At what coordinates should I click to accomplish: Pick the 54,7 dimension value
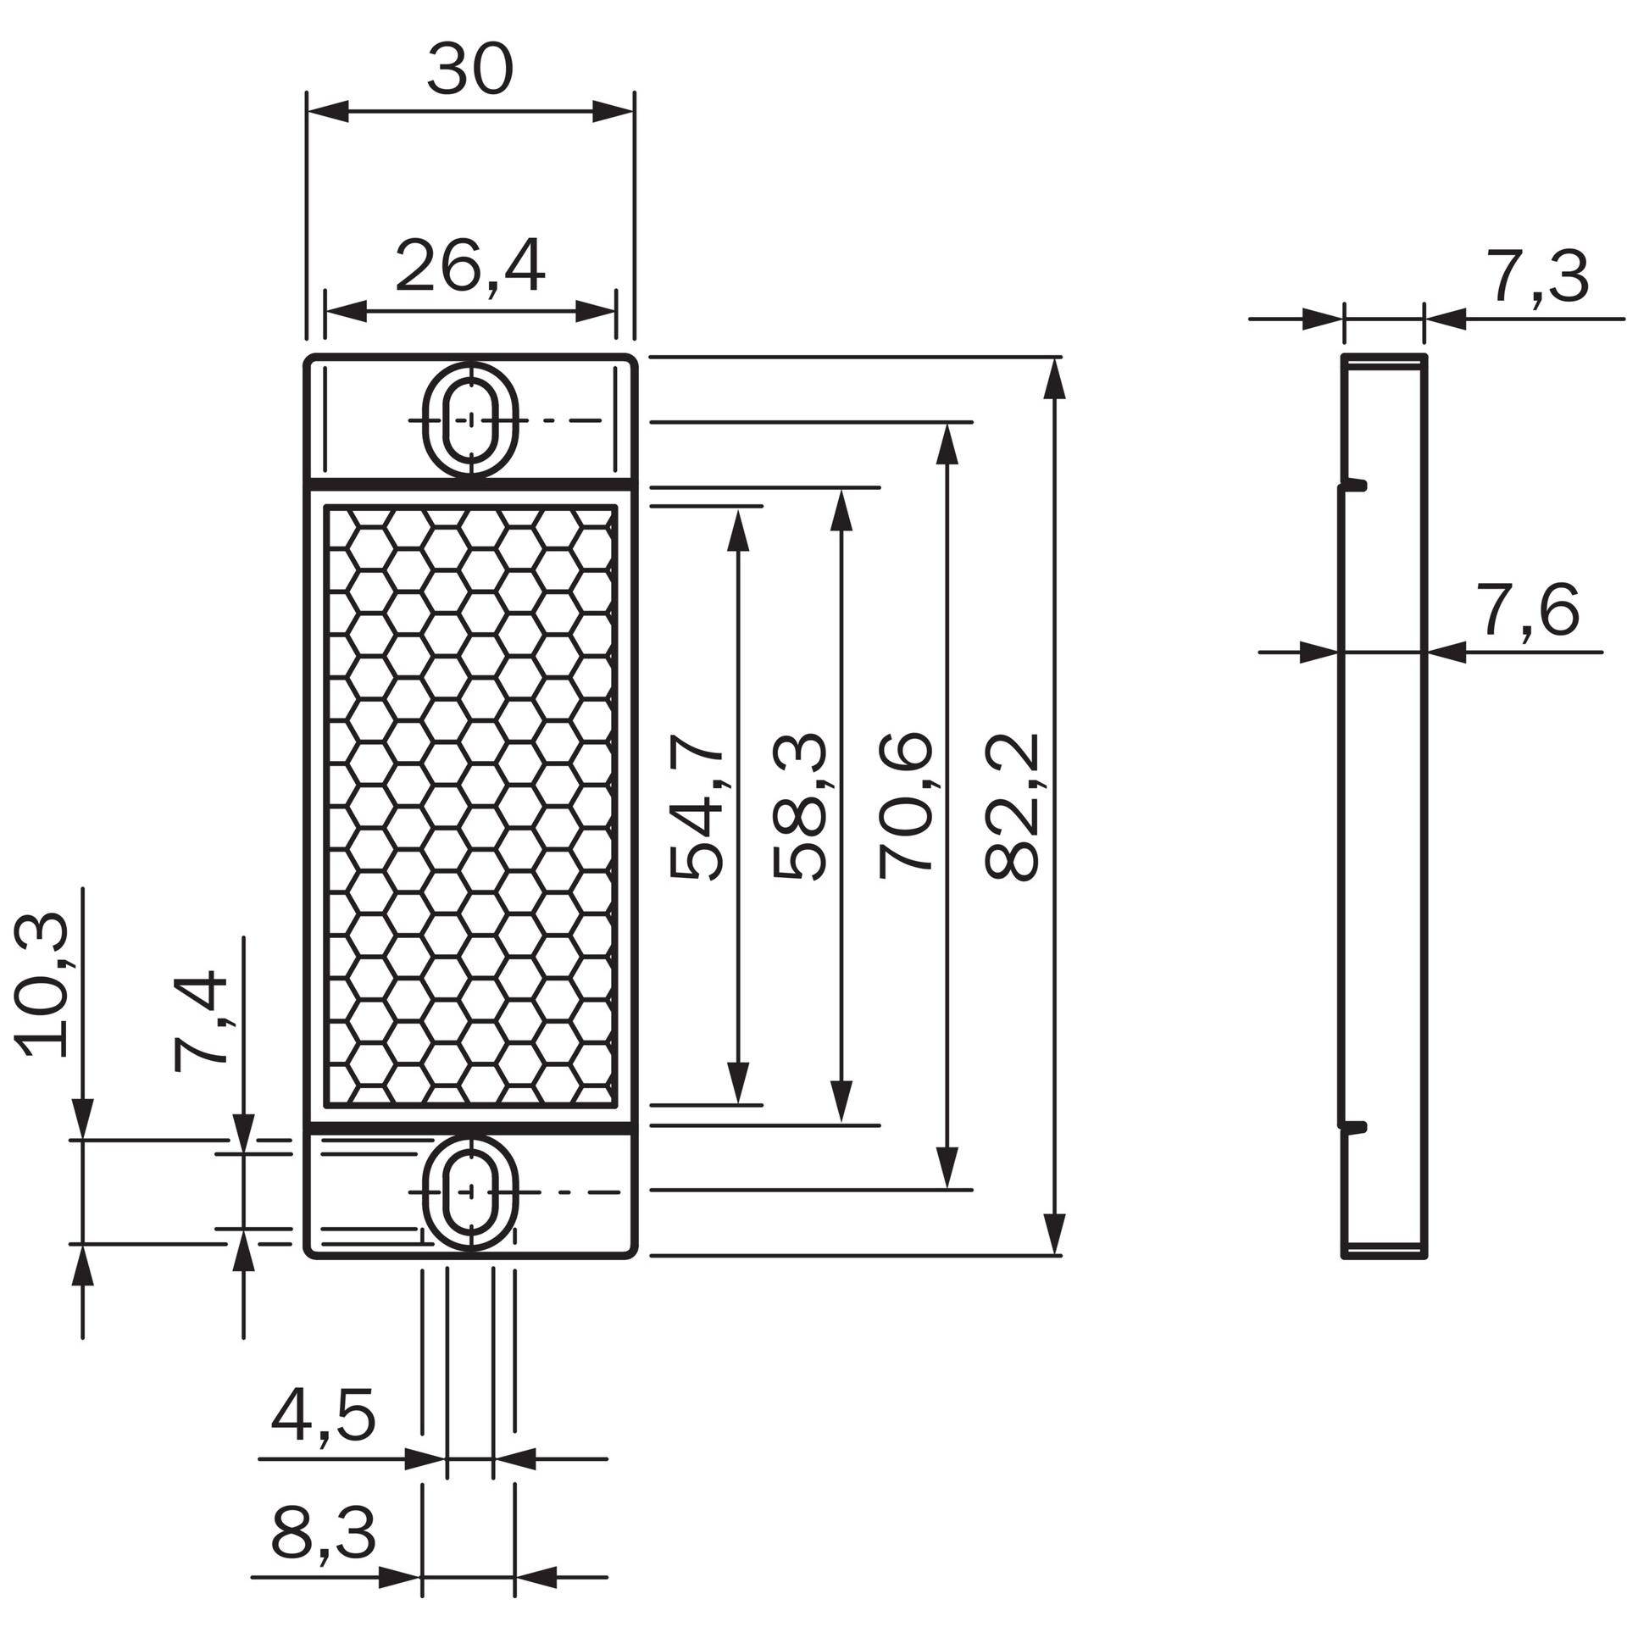697,814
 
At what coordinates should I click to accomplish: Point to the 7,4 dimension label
201,1023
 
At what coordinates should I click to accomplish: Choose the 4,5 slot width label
322,1416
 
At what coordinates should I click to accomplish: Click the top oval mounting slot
470,419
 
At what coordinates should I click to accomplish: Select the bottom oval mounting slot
470,1191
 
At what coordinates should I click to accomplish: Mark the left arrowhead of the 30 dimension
327,112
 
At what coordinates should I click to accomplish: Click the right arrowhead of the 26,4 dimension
595,311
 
